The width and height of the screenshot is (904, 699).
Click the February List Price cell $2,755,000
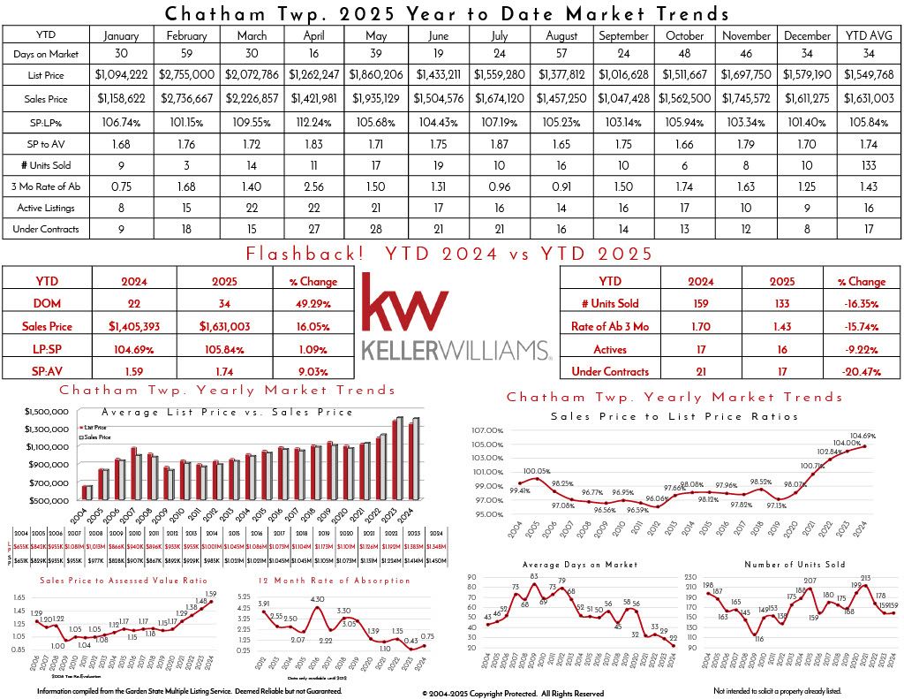(186, 74)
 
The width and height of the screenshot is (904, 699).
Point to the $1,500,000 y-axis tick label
(49, 412)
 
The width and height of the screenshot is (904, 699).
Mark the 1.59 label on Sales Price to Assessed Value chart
(210, 593)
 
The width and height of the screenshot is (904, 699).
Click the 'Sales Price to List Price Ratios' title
(674, 416)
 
